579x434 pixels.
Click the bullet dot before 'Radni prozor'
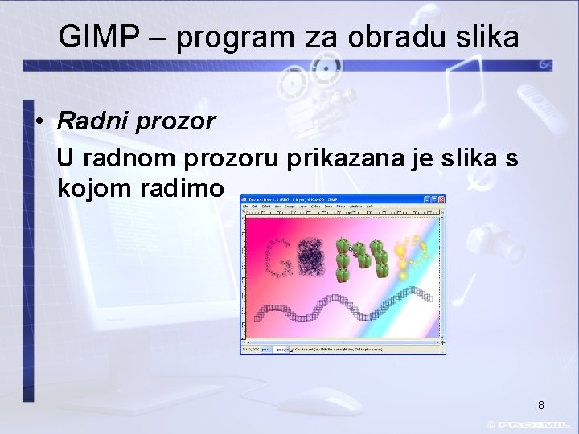[x=38, y=122]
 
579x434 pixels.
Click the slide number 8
[x=541, y=405]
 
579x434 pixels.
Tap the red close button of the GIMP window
[x=441, y=199]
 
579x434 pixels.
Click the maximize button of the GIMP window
[x=434, y=199]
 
